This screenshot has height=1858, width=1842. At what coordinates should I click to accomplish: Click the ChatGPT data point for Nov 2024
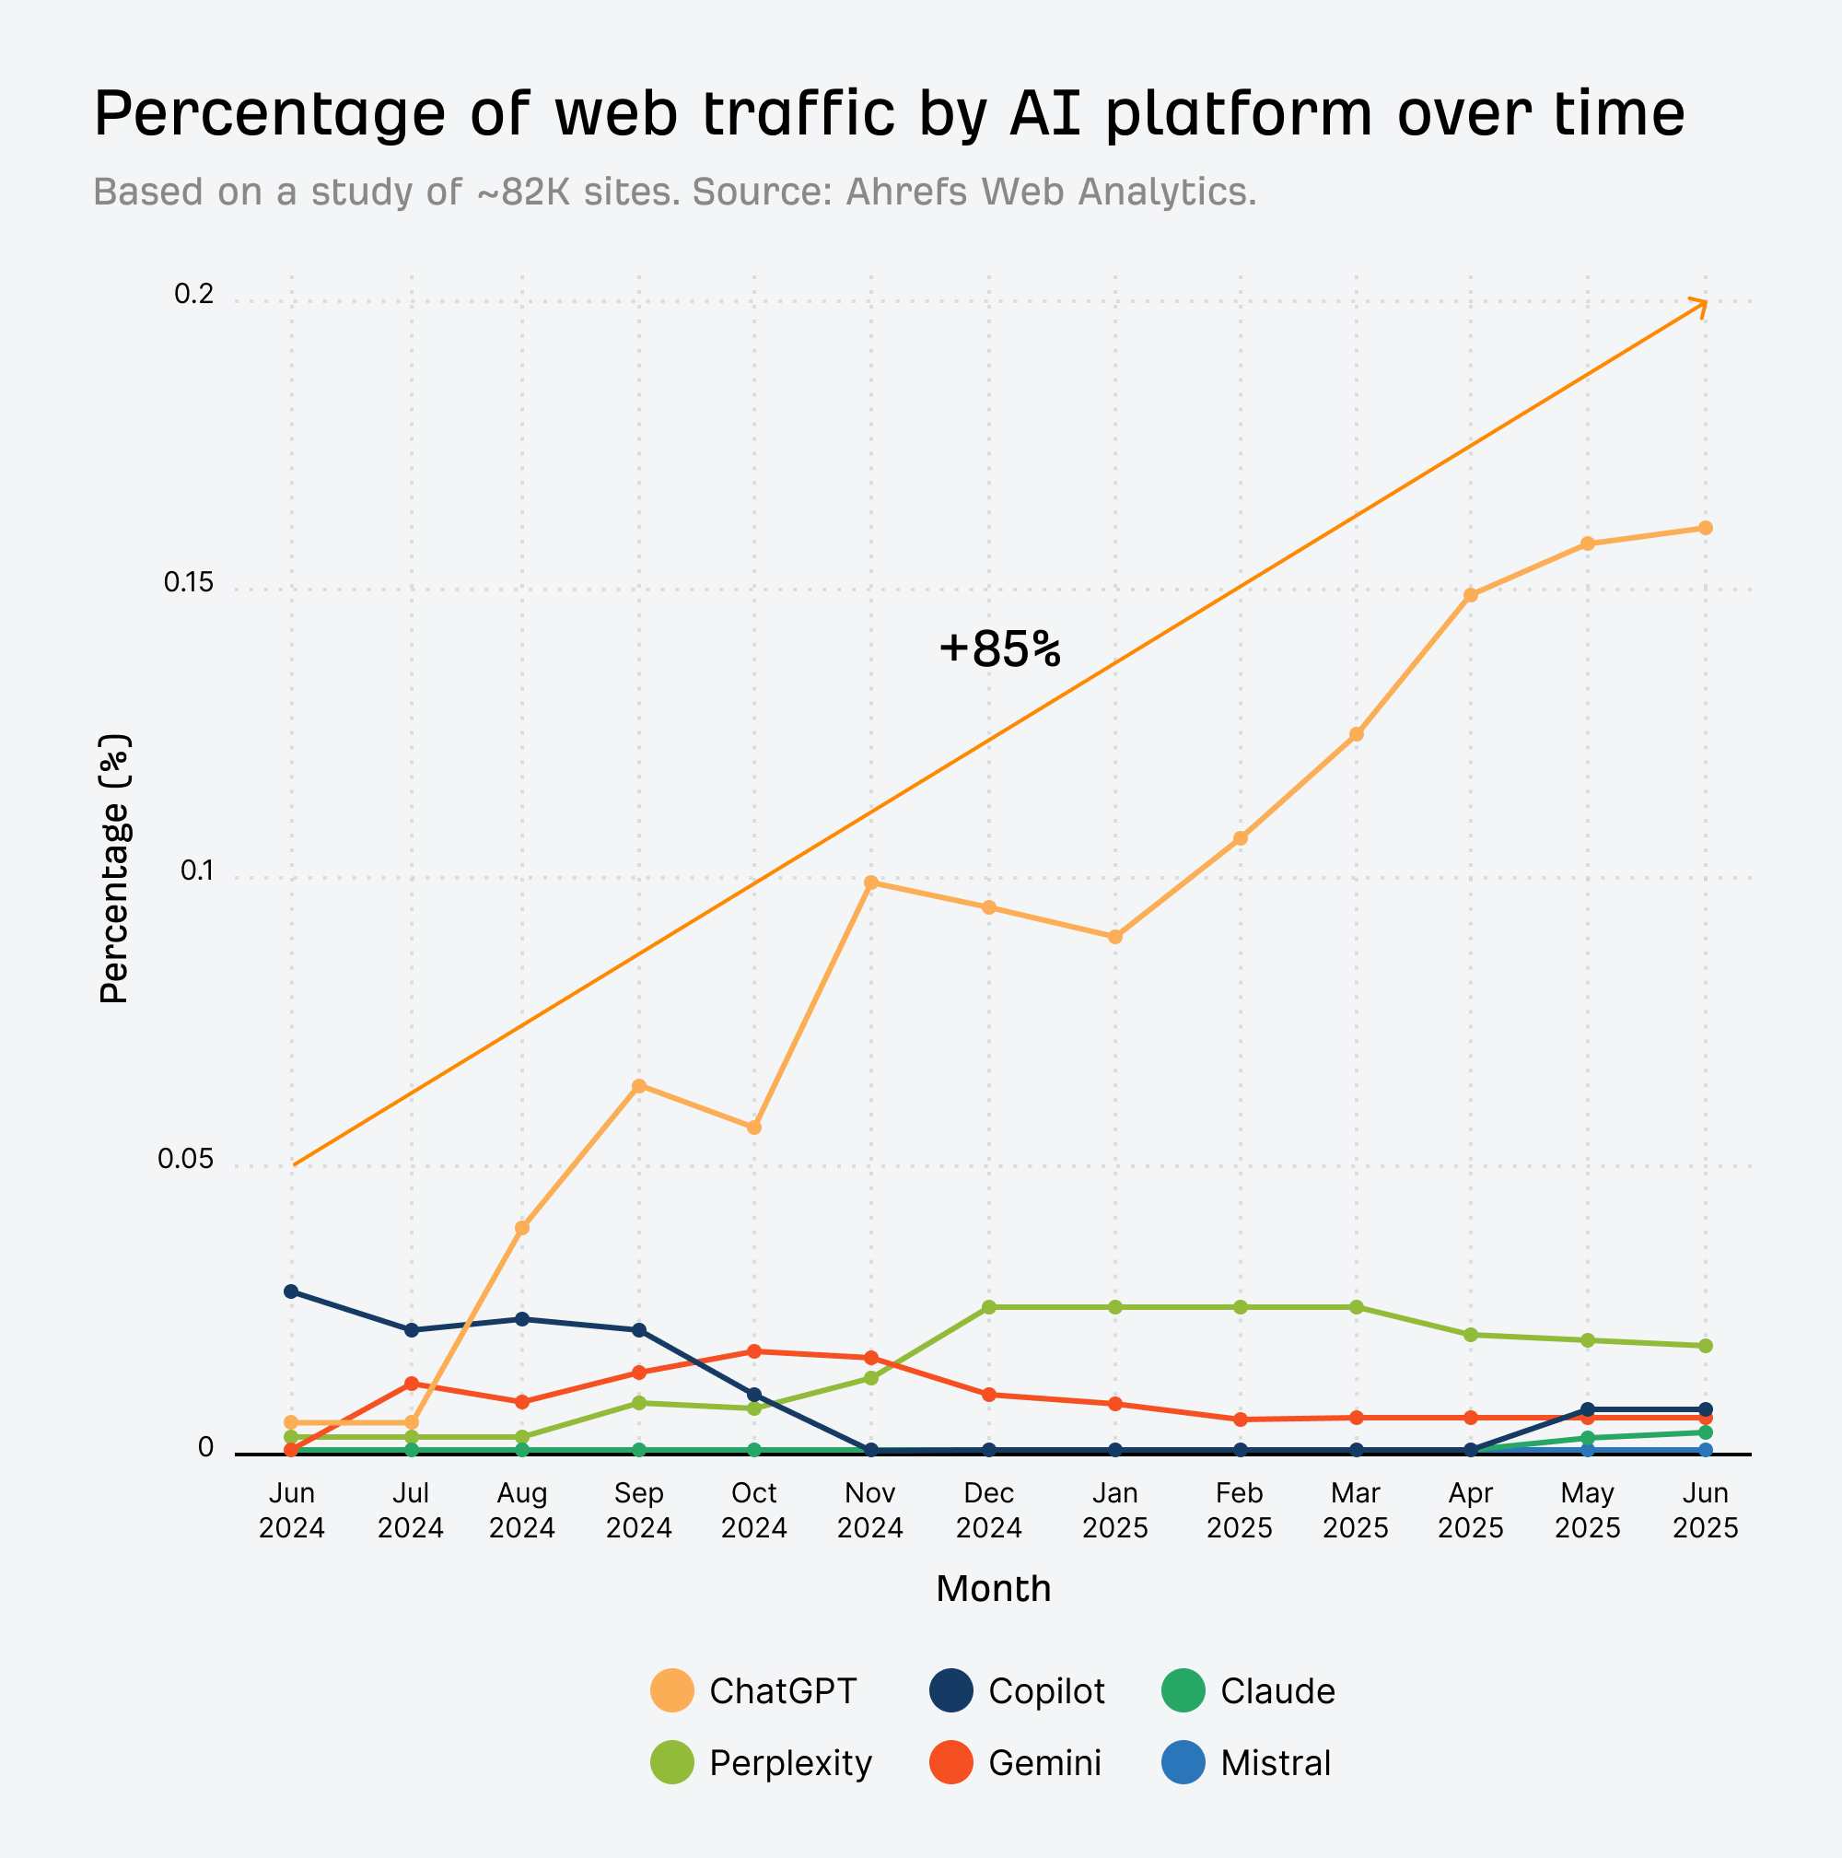[x=871, y=882]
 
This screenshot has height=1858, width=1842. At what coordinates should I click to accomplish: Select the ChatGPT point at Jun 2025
[x=1706, y=528]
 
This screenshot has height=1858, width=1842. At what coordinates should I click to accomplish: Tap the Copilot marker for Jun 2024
[x=291, y=1291]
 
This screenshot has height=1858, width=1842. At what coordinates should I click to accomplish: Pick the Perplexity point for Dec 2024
[x=989, y=1307]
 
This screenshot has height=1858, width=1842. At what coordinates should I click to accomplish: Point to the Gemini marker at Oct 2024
[x=754, y=1351]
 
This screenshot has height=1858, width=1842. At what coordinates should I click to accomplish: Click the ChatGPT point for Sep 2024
[x=639, y=1086]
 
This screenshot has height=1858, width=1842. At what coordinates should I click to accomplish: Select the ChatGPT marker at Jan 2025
[x=1115, y=937]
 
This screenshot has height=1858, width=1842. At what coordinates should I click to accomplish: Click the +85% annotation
[x=1000, y=649]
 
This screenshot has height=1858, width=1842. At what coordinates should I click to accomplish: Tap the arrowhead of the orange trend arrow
[x=1702, y=305]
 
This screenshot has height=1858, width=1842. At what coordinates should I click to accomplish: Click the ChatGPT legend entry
[x=753, y=1691]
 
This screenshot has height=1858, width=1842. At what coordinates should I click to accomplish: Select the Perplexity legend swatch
[x=672, y=1764]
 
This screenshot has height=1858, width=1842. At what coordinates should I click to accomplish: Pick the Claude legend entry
[x=1249, y=1691]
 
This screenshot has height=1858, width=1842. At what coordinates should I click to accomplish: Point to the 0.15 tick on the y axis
[x=189, y=583]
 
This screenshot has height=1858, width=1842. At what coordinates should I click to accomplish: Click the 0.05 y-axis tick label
[x=185, y=1160]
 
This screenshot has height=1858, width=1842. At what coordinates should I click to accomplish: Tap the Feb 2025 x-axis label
[x=1240, y=1511]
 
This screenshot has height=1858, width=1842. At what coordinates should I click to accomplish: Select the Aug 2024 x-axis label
[x=522, y=1511]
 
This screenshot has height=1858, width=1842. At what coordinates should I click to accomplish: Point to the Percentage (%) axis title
[x=114, y=870]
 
